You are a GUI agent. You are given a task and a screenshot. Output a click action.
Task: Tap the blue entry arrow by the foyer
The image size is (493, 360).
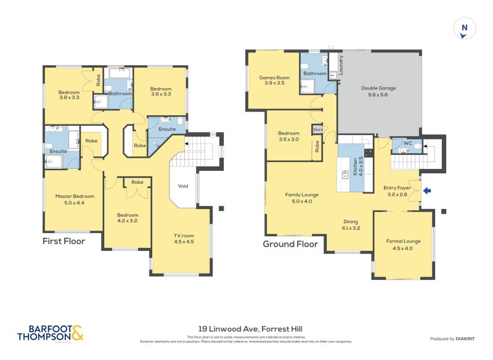click(x=427, y=192)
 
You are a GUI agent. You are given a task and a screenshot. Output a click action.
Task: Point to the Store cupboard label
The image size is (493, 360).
click(x=317, y=129)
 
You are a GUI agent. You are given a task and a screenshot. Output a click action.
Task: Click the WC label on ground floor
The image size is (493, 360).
click(x=407, y=143)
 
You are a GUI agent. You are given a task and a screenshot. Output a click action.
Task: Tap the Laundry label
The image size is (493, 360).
click(x=341, y=66)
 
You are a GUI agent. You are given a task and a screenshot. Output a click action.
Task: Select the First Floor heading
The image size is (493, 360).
click(x=63, y=241)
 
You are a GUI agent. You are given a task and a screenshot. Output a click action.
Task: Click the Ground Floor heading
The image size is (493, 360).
click(x=290, y=243)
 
